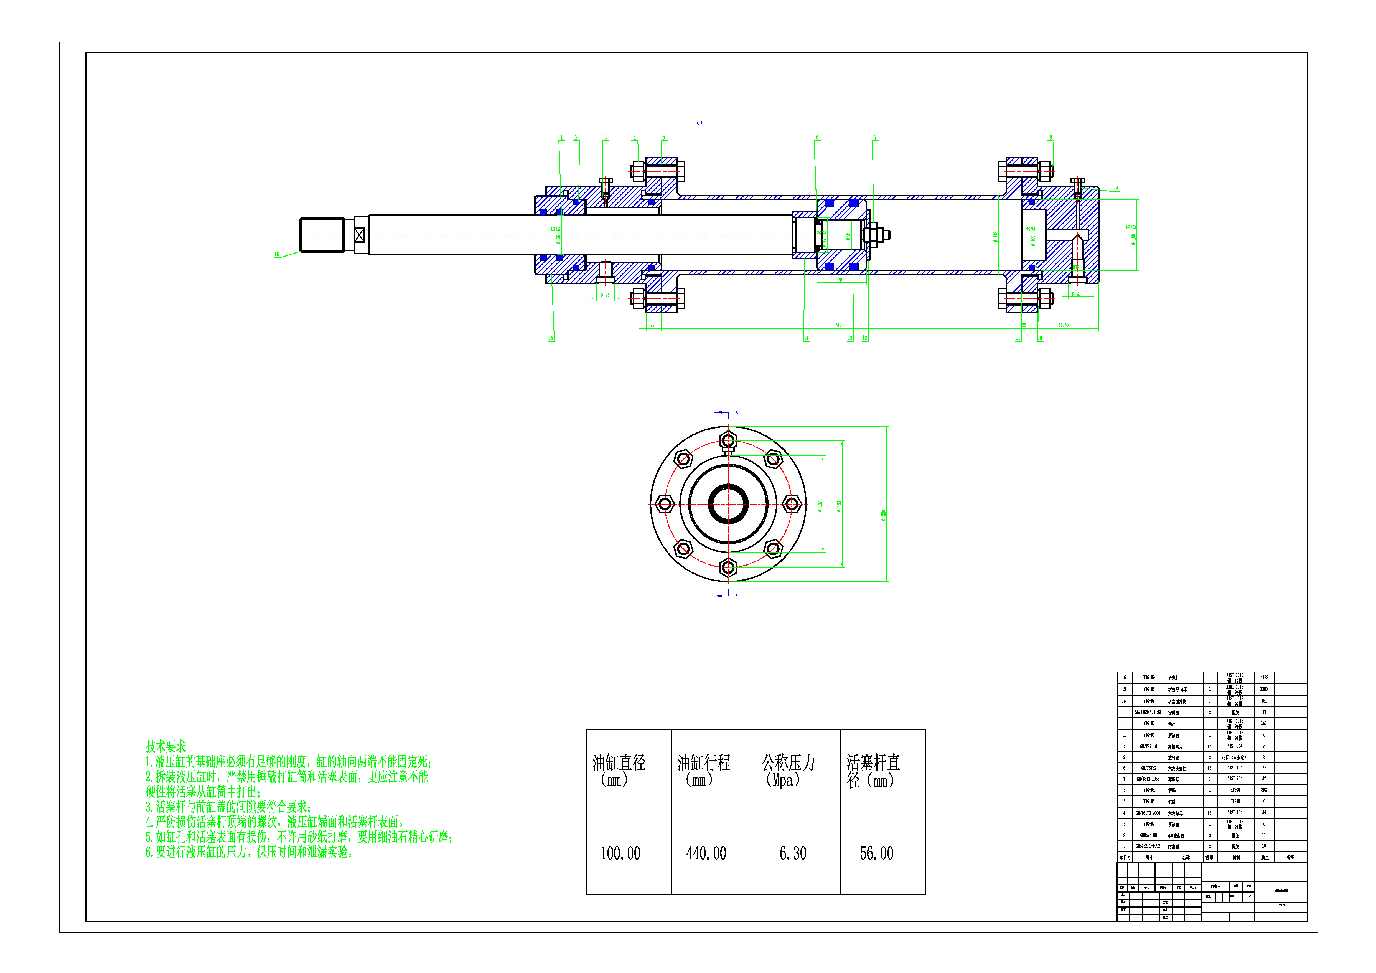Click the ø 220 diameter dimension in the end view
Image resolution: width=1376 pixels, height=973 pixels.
point(883,516)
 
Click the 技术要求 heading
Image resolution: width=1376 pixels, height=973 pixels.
point(166,746)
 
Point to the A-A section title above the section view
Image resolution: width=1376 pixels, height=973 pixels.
point(700,123)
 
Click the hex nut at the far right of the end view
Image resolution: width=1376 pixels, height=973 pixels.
point(792,504)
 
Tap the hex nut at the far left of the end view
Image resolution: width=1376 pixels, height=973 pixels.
point(665,504)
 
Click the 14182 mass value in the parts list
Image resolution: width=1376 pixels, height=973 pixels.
point(1263,677)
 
